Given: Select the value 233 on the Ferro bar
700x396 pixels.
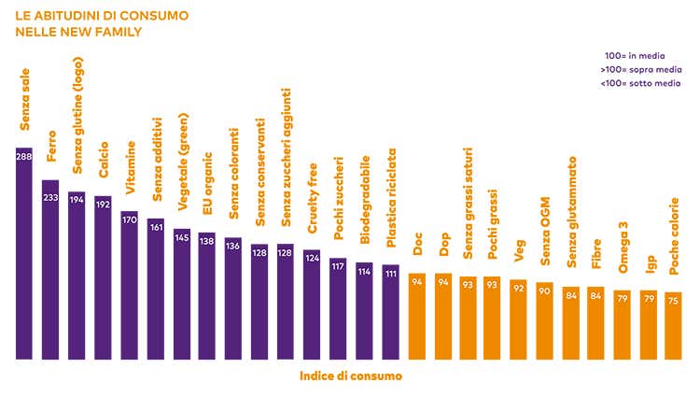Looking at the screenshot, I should tap(50, 198).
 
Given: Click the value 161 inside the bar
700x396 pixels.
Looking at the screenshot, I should tap(156, 225).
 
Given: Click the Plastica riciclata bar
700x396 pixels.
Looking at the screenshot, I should tap(391, 312).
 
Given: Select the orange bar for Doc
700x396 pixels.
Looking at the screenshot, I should tap(417, 317).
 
